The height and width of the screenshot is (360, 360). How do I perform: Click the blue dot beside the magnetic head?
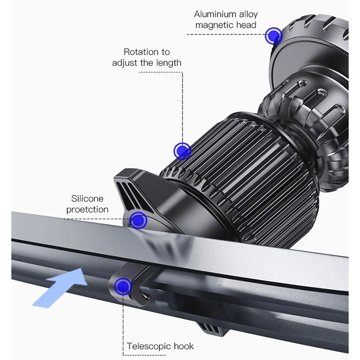[x=274, y=36]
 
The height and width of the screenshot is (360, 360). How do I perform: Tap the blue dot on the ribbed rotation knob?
[x=183, y=151]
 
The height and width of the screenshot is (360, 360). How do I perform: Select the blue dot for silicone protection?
[x=138, y=221]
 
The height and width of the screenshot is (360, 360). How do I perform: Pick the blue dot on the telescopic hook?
[x=123, y=286]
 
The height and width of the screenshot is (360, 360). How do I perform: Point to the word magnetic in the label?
[x=214, y=25]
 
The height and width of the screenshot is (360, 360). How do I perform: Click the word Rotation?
[x=138, y=52]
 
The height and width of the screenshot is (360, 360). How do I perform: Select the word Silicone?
[x=87, y=199]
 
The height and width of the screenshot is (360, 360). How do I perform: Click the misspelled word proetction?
[x=87, y=209]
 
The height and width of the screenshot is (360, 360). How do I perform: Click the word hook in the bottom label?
[x=184, y=346]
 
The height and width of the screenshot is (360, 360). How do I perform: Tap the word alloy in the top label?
[x=248, y=15]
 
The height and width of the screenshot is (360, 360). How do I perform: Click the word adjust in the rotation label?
[x=124, y=63]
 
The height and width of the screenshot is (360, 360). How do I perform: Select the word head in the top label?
[x=246, y=25]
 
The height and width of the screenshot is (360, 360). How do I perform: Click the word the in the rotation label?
[x=147, y=63]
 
